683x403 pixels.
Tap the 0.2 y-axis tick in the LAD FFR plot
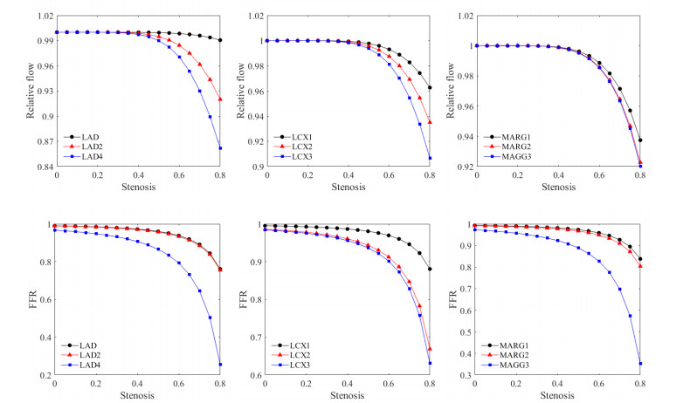click(x=44, y=375)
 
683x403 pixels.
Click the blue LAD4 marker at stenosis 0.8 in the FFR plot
click(x=220, y=364)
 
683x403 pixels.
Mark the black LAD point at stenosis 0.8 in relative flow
click(x=220, y=40)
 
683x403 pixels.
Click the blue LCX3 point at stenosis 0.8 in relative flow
click(x=430, y=158)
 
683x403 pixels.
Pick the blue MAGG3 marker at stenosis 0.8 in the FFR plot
click(x=640, y=363)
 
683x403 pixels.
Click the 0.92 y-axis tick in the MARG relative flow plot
click(x=461, y=167)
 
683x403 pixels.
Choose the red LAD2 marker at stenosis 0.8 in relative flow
click(x=220, y=99)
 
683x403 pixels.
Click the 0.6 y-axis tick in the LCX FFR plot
click(x=254, y=375)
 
